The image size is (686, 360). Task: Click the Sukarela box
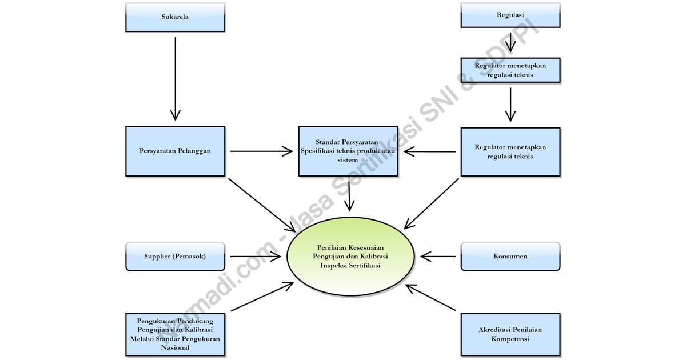[175, 17]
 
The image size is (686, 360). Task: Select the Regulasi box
[510, 16]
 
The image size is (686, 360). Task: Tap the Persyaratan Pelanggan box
[175, 151]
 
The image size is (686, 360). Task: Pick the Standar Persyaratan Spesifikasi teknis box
[348, 151]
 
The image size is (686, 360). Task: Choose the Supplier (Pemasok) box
[175, 256]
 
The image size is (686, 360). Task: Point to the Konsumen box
[510, 256]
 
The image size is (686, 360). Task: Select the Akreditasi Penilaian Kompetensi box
[510, 334]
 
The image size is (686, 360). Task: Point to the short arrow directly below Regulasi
[510, 42]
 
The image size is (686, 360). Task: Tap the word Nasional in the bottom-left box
[175, 347]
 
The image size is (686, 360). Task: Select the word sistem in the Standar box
[348, 161]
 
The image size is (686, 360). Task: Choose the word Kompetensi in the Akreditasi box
[510, 339]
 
